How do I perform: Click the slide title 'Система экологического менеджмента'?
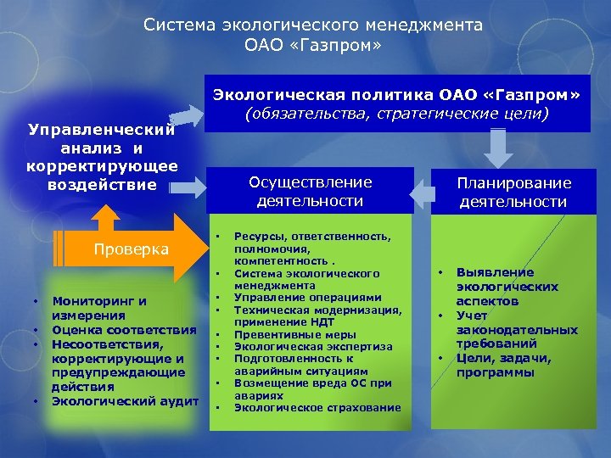[313, 25]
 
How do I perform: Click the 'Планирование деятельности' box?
[513, 193]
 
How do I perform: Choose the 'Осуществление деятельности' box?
[310, 192]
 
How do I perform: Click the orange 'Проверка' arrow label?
[132, 249]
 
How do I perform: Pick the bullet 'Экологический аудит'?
[125, 400]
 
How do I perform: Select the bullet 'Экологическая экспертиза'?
[313, 347]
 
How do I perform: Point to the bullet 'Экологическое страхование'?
[317, 408]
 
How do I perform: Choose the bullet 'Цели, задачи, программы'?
[503, 365]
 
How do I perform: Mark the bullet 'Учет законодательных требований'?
[517, 330]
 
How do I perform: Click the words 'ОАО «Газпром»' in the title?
[313, 43]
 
